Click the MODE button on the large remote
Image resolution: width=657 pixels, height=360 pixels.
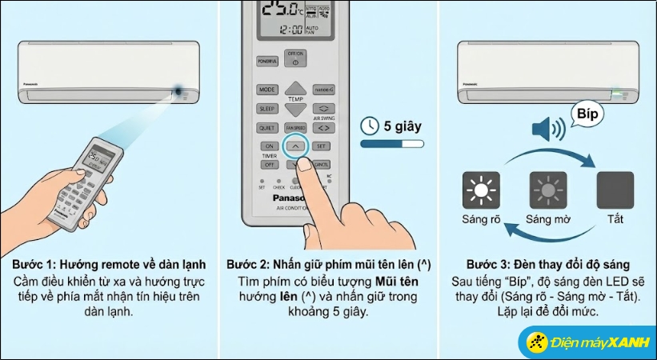[267, 90]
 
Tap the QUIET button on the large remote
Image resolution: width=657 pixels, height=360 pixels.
[267, 128]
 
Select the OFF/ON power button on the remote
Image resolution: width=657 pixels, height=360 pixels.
[296, 60]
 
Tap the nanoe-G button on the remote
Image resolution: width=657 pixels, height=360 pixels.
[324, 90]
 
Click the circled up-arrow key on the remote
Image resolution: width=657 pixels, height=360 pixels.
[296, 146]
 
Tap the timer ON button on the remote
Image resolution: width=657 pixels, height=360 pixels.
[270, 146]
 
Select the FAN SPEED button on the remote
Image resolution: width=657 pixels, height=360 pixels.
[296, 128]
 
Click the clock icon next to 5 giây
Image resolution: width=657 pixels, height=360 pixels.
[370, 126]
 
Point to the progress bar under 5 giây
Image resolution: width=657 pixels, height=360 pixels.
[391, 145]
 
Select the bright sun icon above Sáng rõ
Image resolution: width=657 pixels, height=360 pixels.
[481, 190]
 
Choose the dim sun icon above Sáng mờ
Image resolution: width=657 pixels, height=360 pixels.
[548, 190]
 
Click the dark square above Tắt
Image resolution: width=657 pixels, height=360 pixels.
[615, 190]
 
